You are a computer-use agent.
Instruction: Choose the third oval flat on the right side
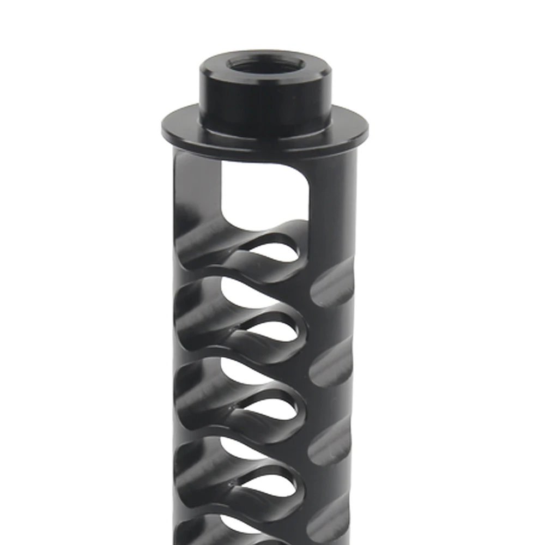(x=332, y=441)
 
